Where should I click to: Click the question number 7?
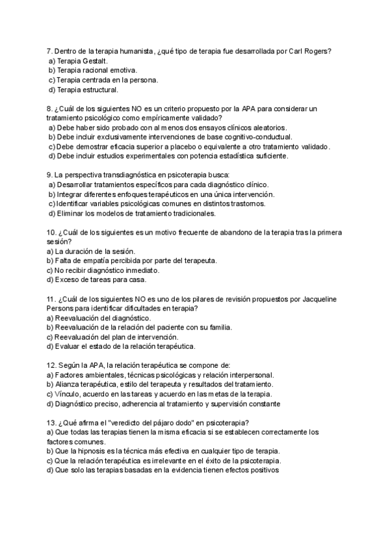49,51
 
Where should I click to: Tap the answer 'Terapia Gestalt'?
79,60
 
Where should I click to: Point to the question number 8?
49,109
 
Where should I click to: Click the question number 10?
51,232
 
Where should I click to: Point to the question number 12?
51,365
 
